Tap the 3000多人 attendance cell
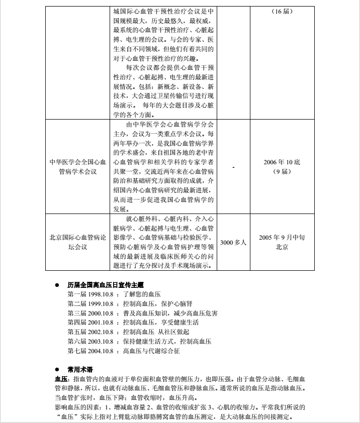pos(234,242)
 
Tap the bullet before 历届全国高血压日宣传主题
pos(57,285)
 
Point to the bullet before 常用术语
pos(57,369)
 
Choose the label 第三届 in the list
pos(77,313)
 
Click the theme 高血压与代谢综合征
pos(151,351)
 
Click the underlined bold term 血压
pos(61,379)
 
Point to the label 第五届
pos(77,332)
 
